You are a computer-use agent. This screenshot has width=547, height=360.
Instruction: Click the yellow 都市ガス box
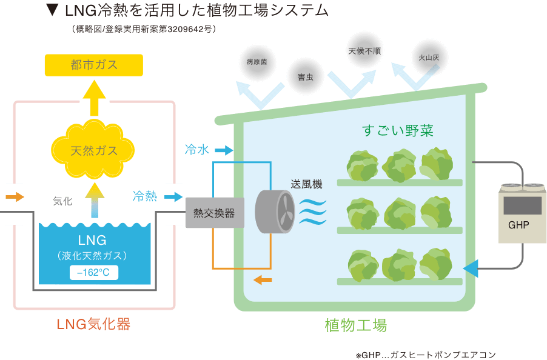(x=94, y=65)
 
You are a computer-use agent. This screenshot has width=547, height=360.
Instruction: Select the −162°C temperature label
(x=94, y=273)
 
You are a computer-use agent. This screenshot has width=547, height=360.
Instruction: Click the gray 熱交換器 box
(x=214, y=213)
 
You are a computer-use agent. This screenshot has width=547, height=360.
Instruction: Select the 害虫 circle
(x=305, y=77)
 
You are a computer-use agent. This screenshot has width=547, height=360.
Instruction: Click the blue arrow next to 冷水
(x=224, y=150)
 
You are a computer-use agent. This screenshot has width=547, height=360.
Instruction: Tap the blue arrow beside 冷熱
(x=173, y=196)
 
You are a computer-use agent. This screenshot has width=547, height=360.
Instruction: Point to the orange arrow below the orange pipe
(x=263, y=279)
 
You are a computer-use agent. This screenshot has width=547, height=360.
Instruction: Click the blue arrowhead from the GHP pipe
(x=470, y=268)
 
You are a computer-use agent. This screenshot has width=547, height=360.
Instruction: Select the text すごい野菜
(x=398, y=130)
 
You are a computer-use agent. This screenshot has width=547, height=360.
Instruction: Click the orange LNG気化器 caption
(x=94, y=324)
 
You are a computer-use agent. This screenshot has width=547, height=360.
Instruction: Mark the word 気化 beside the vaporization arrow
(x=62, y=201)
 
